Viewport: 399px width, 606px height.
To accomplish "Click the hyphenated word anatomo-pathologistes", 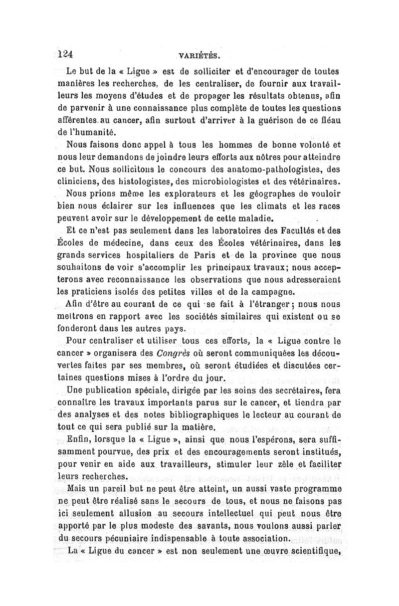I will [x=265, y=169].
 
